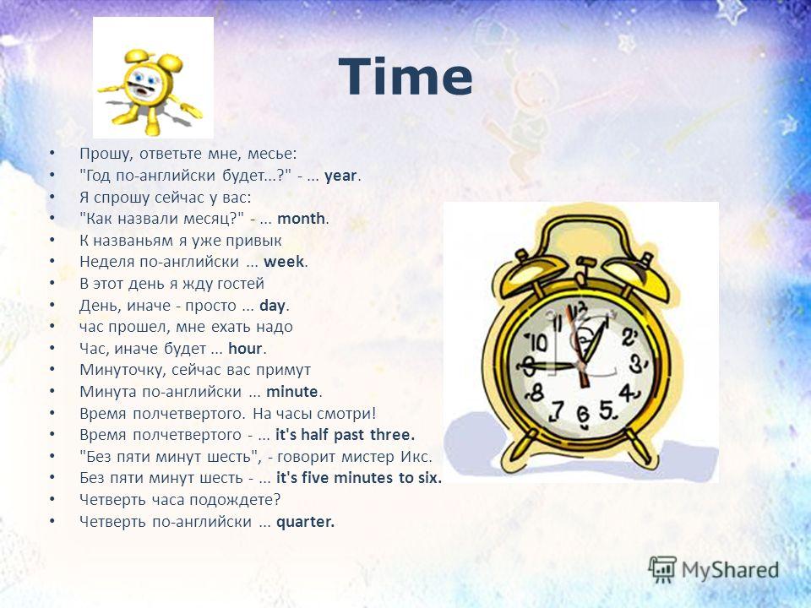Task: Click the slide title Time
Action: [405, 77]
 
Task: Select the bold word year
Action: [340, 176]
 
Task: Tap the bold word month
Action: [301, 218]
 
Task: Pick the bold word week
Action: [284, 262]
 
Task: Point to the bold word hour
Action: [245, 349]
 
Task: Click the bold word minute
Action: [291, 391]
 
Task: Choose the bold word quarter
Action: [305, 522]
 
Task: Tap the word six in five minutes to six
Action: [429, 478]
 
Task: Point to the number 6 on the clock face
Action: [583, 416]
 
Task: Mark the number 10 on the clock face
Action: [536, 342]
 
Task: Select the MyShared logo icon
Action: [662, 570]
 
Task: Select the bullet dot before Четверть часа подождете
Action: [52, 499]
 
